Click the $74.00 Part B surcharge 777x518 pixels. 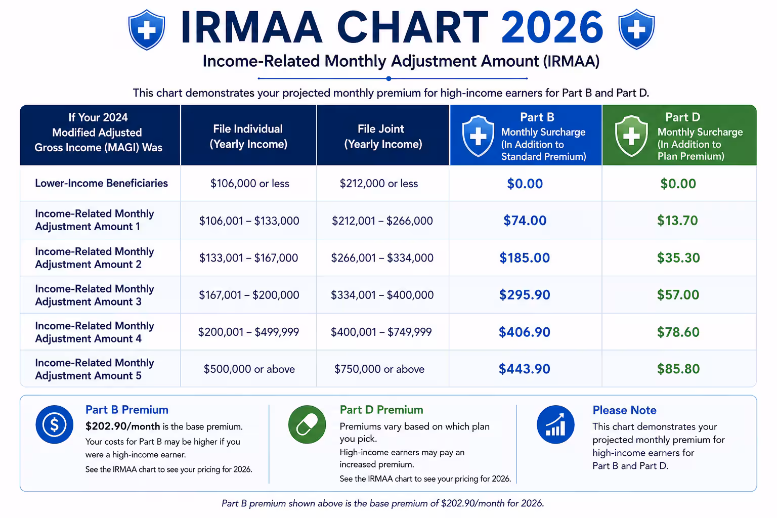[525, 221]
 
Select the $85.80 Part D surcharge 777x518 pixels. [678, 369]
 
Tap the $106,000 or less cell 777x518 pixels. [250, 183]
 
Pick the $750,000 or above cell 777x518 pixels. [379, 369]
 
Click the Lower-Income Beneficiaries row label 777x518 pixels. [101, 183]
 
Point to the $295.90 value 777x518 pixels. [525, 295]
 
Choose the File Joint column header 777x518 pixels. [383, 137]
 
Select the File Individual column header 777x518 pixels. [248, 137]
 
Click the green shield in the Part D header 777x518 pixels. [631, 136]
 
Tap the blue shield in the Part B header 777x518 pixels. [478, 136]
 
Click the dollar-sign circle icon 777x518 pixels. [55, 424]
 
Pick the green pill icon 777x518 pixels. [307, 424]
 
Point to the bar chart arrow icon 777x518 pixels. [555, 424]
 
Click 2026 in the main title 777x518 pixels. [552, 27]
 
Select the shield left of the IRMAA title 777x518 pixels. [146, 29]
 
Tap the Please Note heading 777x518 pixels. [624, 410]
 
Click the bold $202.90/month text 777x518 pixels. [123, 426]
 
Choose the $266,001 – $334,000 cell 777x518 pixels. [382, 258]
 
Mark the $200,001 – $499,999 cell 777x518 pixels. [248, 332]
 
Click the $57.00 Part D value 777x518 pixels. [678, 295]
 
